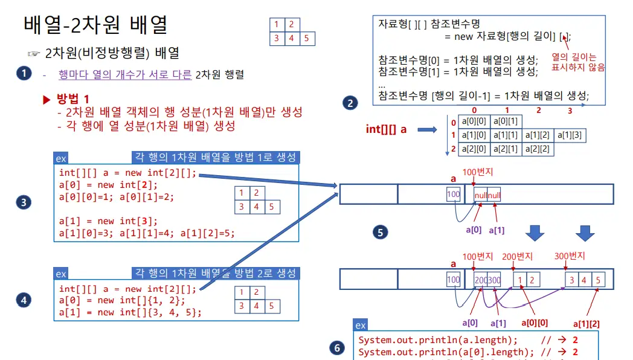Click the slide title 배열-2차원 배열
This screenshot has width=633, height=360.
[x=95, y=25]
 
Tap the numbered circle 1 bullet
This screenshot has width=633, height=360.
[x=24, y=74]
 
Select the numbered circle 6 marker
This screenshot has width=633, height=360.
[x=337, y=348]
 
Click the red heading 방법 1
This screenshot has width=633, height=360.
[x=73, y=99]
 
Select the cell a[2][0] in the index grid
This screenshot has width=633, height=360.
[x=473, y=149]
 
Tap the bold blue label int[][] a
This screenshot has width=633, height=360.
[x=386, y=129]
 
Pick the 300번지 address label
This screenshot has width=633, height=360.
[x=570, y=256]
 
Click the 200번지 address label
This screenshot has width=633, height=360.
[x=518, y=256]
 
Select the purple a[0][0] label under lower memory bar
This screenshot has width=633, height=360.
[x=536, y=322]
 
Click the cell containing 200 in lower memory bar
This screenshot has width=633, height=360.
[x=481, y=280]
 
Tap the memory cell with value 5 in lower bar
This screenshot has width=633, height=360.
[x=597, y=280]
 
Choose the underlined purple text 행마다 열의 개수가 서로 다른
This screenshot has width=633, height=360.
[x=125, y=75]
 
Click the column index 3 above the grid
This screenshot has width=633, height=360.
[x=570, y=111]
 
